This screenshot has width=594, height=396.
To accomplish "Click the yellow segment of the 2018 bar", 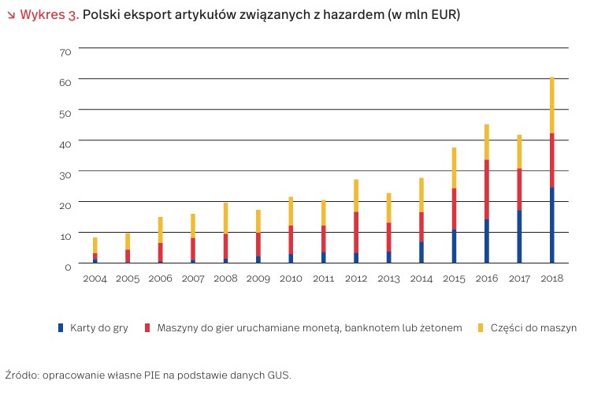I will point(551,105).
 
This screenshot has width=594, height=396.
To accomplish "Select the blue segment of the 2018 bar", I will point(551,225).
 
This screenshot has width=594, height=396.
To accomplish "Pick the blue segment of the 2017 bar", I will point(519,237).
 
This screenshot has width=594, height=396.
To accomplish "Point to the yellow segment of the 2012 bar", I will point(355,196).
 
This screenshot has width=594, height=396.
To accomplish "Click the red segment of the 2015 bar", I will point(454,209).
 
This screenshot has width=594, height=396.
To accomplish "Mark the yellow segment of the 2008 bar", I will point(225,218).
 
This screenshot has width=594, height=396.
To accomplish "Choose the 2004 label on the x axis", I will point(95,278).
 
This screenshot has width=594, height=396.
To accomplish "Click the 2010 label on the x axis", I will point(291,278).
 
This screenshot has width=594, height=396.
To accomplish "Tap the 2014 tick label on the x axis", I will point(421,278).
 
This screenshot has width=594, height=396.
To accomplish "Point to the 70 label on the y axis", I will point(65,52).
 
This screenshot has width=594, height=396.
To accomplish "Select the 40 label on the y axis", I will point(65,143).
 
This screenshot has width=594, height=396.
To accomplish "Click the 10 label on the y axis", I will point(65,235).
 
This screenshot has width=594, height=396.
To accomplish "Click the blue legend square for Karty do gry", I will point(61,327).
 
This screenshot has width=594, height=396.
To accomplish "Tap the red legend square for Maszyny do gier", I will point(147,327).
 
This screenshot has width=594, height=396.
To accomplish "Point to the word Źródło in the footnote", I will point(21,375).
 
